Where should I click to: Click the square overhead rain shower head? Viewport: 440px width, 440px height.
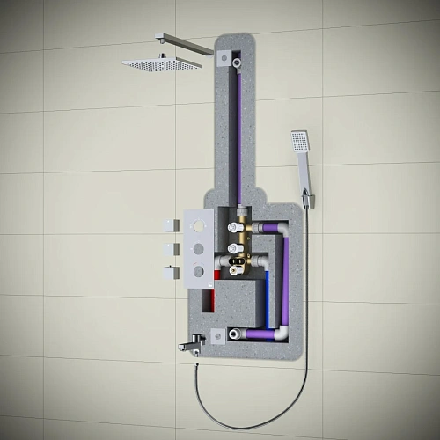162,63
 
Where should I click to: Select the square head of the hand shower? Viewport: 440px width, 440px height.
300,141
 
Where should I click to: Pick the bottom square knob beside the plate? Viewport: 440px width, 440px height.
170,271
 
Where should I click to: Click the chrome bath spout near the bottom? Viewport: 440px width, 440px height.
192,346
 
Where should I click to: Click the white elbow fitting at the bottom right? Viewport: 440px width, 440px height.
279,333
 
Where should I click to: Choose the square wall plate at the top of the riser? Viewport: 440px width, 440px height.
226,58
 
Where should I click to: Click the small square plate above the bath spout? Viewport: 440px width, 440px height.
216,335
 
